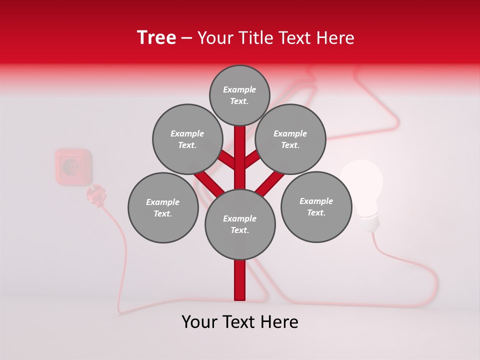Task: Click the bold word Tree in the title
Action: (156, 38)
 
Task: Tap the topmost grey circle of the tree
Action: (239, 95)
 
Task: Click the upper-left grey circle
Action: (187, 139)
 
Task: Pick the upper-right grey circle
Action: (290, 139)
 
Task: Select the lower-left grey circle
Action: (163, 207)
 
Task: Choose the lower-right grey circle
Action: (316, 206)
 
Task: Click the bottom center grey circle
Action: (240, 224)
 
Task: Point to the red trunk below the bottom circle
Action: (240, 280)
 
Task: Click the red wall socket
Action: (73, 166)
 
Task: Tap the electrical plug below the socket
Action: (97, 195)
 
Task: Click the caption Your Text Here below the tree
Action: (240, 322)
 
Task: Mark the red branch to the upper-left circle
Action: (226, 160)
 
